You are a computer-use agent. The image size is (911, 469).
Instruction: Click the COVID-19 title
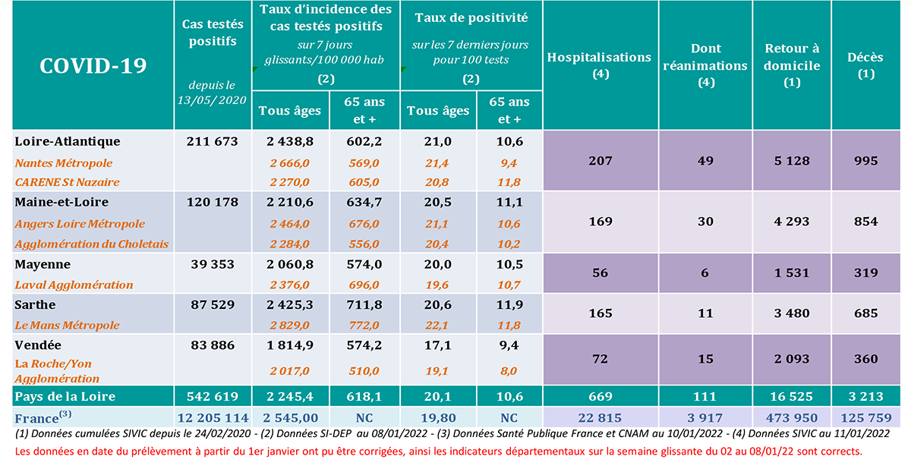pos(93,65)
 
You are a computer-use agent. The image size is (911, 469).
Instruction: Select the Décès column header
pos(865,65)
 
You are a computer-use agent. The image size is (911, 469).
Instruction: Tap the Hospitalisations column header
pos(599,65)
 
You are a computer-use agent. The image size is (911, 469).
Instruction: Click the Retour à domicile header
pos(792,65)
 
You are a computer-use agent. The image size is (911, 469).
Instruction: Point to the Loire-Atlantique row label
pos(68,141)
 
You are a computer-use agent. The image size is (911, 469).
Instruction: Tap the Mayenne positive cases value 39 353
pos(212,264)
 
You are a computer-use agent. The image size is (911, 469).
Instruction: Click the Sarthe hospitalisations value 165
pos(600,313)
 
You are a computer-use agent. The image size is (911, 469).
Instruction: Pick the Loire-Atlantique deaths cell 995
pos(865,160)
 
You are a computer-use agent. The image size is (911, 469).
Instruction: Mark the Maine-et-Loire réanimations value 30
pos(706,222)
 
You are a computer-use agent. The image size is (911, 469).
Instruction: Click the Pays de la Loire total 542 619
pos(212,396)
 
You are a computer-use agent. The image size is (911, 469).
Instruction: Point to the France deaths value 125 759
pos(865,417)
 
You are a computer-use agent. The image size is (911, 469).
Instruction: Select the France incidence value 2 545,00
pos(290,417)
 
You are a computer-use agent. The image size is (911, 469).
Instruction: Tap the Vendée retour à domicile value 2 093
pos(792,358)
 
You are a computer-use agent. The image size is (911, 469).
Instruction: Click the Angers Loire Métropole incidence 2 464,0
pos(290,224)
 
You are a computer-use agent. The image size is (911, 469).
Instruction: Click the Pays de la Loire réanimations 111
pos(706,396)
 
